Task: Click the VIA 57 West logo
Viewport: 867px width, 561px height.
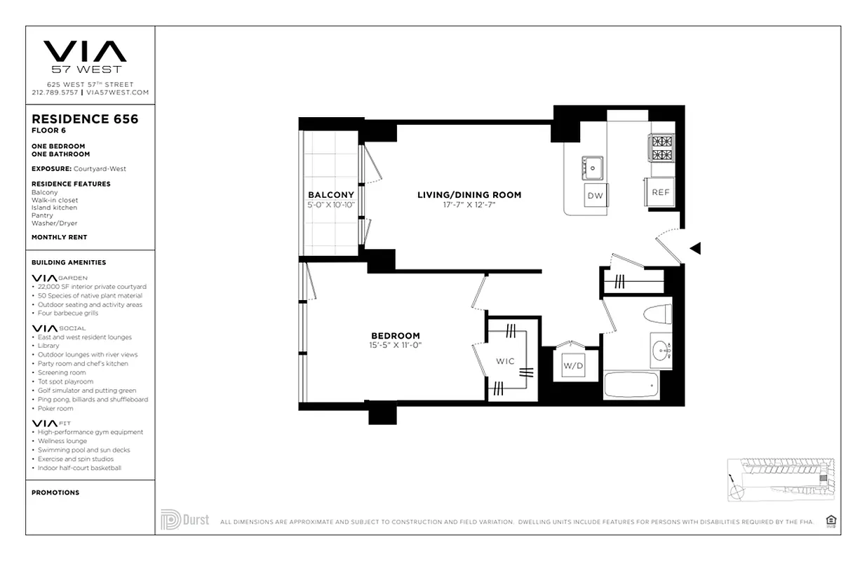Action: tap(85, 57)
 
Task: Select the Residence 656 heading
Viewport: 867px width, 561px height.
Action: tap(85, 119)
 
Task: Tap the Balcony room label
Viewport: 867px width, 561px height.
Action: tap(330, 195)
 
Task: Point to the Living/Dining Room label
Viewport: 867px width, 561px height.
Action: tap(469, 195)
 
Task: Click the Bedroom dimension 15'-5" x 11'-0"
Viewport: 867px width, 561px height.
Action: tap(395, 345)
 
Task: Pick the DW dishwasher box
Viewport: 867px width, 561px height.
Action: tap(595, 196)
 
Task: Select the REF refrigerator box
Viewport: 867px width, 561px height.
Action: tap(659, 191)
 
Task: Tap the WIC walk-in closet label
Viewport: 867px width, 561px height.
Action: tap(505, 361)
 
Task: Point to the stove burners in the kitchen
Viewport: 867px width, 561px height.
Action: tap(661, 148)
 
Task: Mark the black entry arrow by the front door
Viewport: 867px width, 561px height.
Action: tap(694, 248)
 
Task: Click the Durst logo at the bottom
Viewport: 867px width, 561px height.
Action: tap(185, 520)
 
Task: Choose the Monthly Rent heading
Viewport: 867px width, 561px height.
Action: tap(59, 238)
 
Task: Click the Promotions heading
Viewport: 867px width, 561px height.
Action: tap(55, 493)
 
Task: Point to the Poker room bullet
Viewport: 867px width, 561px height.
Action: tap(55, 409)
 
